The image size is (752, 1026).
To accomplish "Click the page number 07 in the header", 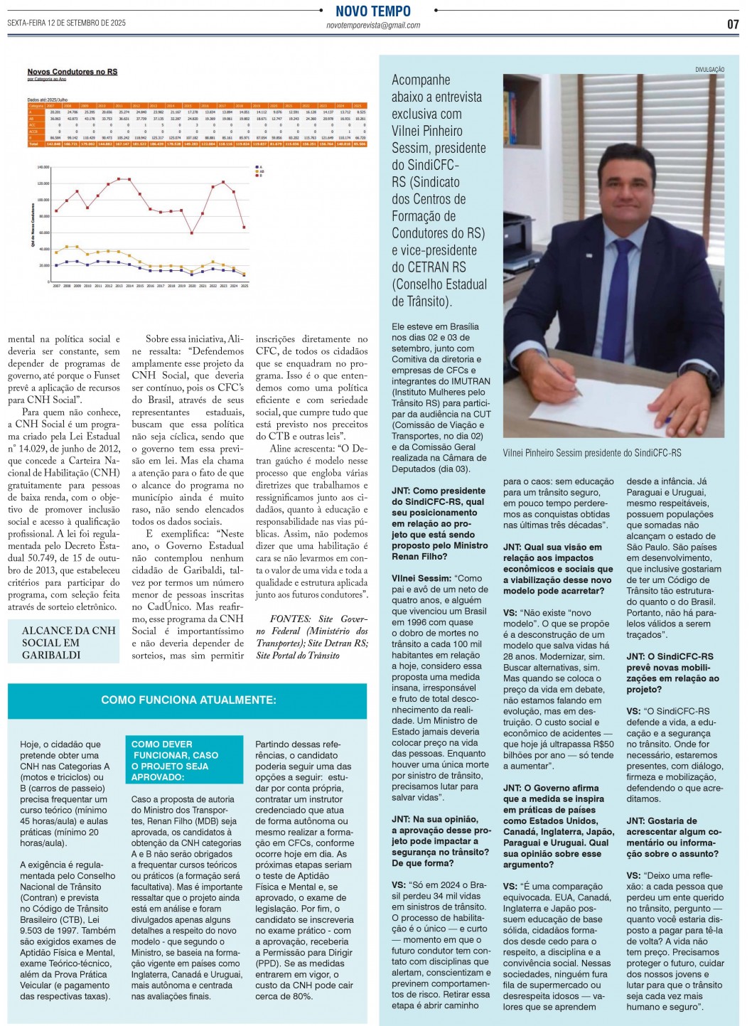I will click(x=733, y=23).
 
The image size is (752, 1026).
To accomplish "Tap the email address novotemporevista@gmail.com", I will click(x=373, y=26).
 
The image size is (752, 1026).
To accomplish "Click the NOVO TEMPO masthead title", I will click(x=373, y=11).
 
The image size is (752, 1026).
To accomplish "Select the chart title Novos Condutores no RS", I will click(x=72, y=72).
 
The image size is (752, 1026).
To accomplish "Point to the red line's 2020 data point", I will click(x=192, y=233).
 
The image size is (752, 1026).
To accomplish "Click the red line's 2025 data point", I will click(x=245, y=228).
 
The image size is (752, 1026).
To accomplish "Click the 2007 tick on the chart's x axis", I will click(x=57, y=286).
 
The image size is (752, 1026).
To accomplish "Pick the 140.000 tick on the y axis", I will click(x=43, y=168).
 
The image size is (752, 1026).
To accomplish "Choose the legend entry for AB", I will click(x=261, y=171).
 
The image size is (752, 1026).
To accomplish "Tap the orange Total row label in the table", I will click(x=33, y=144).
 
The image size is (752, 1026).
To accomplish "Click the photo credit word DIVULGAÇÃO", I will click(x=709, y=70).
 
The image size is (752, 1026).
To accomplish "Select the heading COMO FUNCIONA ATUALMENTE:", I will click(x=188, y=700).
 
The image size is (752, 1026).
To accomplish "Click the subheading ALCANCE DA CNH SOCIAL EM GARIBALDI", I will click(x=68, y=643).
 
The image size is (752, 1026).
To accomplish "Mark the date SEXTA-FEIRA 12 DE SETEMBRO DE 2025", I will click(x=67, y=23).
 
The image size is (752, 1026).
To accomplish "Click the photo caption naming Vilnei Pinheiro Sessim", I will click(x=591, y=453).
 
